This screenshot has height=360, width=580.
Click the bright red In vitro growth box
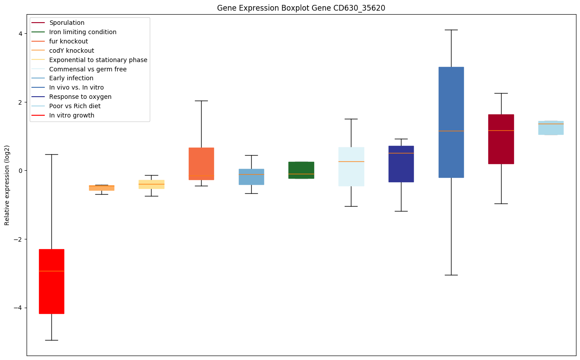(51, 281)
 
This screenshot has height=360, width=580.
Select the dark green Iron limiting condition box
(301, 170)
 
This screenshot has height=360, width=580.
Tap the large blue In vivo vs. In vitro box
(451, 122)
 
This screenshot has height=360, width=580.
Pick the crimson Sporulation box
(501, 139)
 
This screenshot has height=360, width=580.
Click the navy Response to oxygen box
(401, 164)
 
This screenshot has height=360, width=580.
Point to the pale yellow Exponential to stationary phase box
(152, 184)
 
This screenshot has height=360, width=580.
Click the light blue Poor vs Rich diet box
(551, 128)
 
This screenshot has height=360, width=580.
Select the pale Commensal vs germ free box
(351, 166)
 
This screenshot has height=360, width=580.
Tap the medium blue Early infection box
(251, 176)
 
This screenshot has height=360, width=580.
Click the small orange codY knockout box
(101, 188)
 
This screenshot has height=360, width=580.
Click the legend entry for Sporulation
(67, 23)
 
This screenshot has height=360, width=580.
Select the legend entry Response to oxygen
(80, 97)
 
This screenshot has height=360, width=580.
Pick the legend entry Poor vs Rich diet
(75, 106)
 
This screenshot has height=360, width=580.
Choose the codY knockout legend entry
(72, 51)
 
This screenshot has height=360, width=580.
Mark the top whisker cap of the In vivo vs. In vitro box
(451, 30)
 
